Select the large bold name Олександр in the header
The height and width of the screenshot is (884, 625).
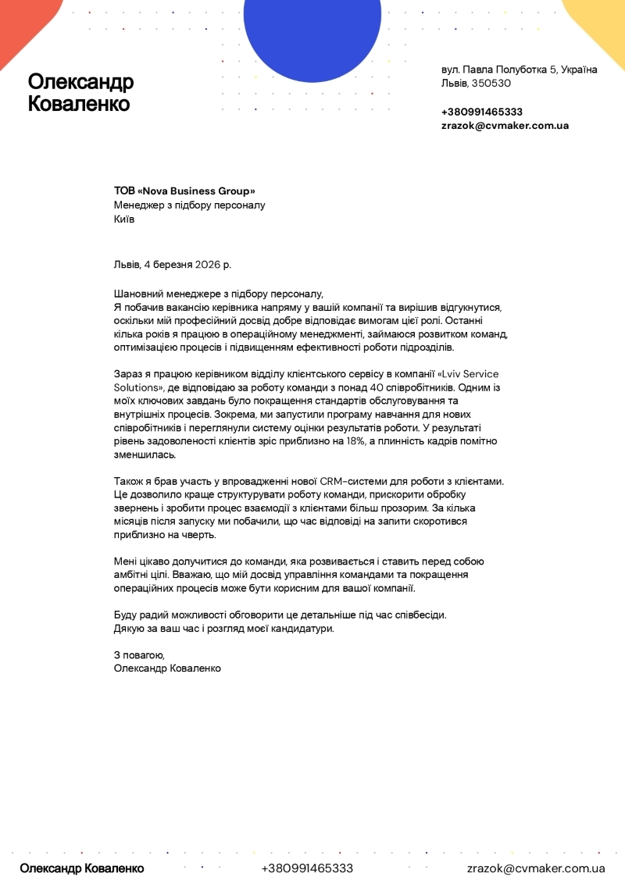pos(80,82)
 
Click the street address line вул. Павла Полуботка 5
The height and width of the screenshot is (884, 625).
pos(520,70)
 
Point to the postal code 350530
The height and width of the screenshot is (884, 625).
pos(491,84)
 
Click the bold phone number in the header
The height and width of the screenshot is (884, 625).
pos(482,112)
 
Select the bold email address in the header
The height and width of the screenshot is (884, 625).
pos(505,125)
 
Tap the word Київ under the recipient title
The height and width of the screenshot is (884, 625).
pos(124,219)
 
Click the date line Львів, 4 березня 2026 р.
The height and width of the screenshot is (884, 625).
pos(172,265)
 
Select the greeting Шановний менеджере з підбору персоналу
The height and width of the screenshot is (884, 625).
pos(218,294)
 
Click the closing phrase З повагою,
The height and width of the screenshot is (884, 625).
pos(139,654)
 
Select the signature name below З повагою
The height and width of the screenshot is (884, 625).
pos(167,668)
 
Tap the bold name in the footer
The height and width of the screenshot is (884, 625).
pos(82,868)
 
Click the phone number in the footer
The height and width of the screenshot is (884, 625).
pos(307,868)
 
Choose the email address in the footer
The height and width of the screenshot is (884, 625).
pos(536,868)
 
